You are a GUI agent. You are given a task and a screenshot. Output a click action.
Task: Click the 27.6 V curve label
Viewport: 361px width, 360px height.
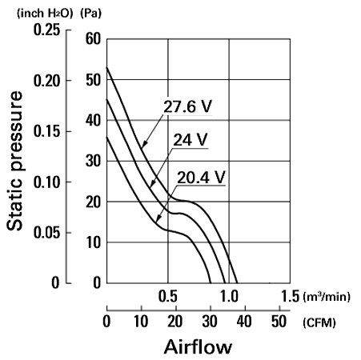(x=187, y=106)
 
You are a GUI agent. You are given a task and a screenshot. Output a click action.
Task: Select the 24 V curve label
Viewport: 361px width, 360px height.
(x=191, y=139)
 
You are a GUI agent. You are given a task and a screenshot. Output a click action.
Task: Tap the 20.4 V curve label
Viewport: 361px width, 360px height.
(x=201, y=178)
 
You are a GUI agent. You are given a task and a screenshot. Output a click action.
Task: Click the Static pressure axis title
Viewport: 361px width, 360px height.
(x=14, y=161)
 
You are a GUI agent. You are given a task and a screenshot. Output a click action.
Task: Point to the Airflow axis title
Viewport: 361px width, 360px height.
(x=198, y=347)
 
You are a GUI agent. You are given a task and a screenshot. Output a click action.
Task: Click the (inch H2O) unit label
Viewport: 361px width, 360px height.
(x=45, y=14)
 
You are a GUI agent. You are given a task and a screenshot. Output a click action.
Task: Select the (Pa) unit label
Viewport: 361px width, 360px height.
(x=91, y=14)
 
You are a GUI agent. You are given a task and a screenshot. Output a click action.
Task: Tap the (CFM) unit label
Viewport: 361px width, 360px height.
(x=319, y=323)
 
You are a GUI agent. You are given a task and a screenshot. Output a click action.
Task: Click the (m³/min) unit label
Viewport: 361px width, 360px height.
(x=327, y=297)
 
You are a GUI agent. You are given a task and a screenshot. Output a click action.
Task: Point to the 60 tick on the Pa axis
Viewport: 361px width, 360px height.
(x=93, y=39)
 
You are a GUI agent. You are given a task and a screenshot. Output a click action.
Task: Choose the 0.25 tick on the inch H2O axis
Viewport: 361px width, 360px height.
(x=46, y=30)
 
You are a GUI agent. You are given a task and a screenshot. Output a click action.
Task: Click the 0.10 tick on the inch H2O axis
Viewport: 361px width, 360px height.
(x=46, y=182)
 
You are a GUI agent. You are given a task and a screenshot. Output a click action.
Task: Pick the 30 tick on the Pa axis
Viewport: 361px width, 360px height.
(x=93, y=161)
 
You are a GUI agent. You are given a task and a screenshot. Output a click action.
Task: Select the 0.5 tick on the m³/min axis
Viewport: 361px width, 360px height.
(x=167, y=296)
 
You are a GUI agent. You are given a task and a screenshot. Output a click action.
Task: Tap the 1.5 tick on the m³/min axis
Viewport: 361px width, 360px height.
(x=291, y=296)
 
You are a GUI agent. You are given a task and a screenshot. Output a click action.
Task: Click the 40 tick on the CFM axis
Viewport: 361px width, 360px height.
(x=244, y=322)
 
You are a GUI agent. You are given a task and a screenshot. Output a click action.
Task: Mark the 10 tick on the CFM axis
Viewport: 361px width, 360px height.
(x=141, y=322)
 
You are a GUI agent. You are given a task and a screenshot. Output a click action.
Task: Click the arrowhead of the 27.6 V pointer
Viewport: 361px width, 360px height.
(x=143, y=145)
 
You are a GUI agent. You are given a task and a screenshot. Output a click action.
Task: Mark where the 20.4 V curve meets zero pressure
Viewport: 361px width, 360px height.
(x=211, y=283)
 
